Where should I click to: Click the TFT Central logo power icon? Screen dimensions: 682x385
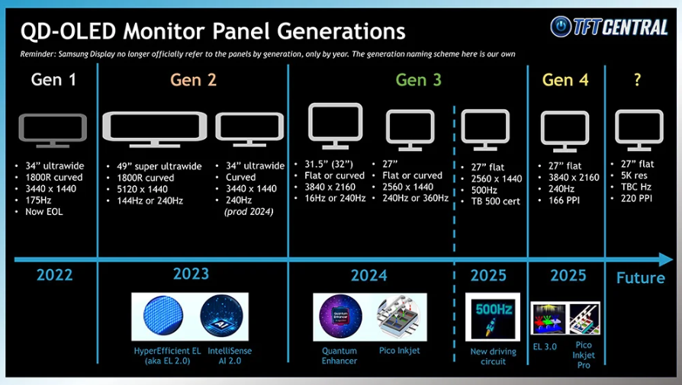point(561,27)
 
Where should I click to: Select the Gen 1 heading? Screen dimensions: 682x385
point(53,80)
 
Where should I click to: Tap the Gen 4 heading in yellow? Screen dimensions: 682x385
point(565,80)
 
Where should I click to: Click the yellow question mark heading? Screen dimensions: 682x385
point(637,79)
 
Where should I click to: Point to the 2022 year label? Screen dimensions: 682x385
point(54,275)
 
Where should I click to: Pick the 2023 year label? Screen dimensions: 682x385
point(191,274)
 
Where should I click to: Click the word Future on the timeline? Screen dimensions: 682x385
point(640,278)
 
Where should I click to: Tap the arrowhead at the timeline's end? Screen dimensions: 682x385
point(666,259)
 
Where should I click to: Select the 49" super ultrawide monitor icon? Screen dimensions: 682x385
point(154,129)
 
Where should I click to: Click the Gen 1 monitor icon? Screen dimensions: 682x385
point(53,130)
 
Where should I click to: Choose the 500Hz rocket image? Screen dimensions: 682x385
point(492,317)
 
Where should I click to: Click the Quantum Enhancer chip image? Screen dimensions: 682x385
point(340,316)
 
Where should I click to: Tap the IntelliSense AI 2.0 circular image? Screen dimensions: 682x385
point(222,316)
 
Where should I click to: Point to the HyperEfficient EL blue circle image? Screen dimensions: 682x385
point(163,316)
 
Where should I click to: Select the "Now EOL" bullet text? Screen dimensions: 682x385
point(44,212)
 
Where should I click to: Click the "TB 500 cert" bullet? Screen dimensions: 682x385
point(495,201)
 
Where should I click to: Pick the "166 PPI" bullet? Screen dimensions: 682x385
point(564,201)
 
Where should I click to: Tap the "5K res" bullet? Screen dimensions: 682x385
point(634,175)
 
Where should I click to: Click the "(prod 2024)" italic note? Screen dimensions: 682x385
point(249,212)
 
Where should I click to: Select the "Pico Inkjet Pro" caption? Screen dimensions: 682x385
point(584,355)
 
